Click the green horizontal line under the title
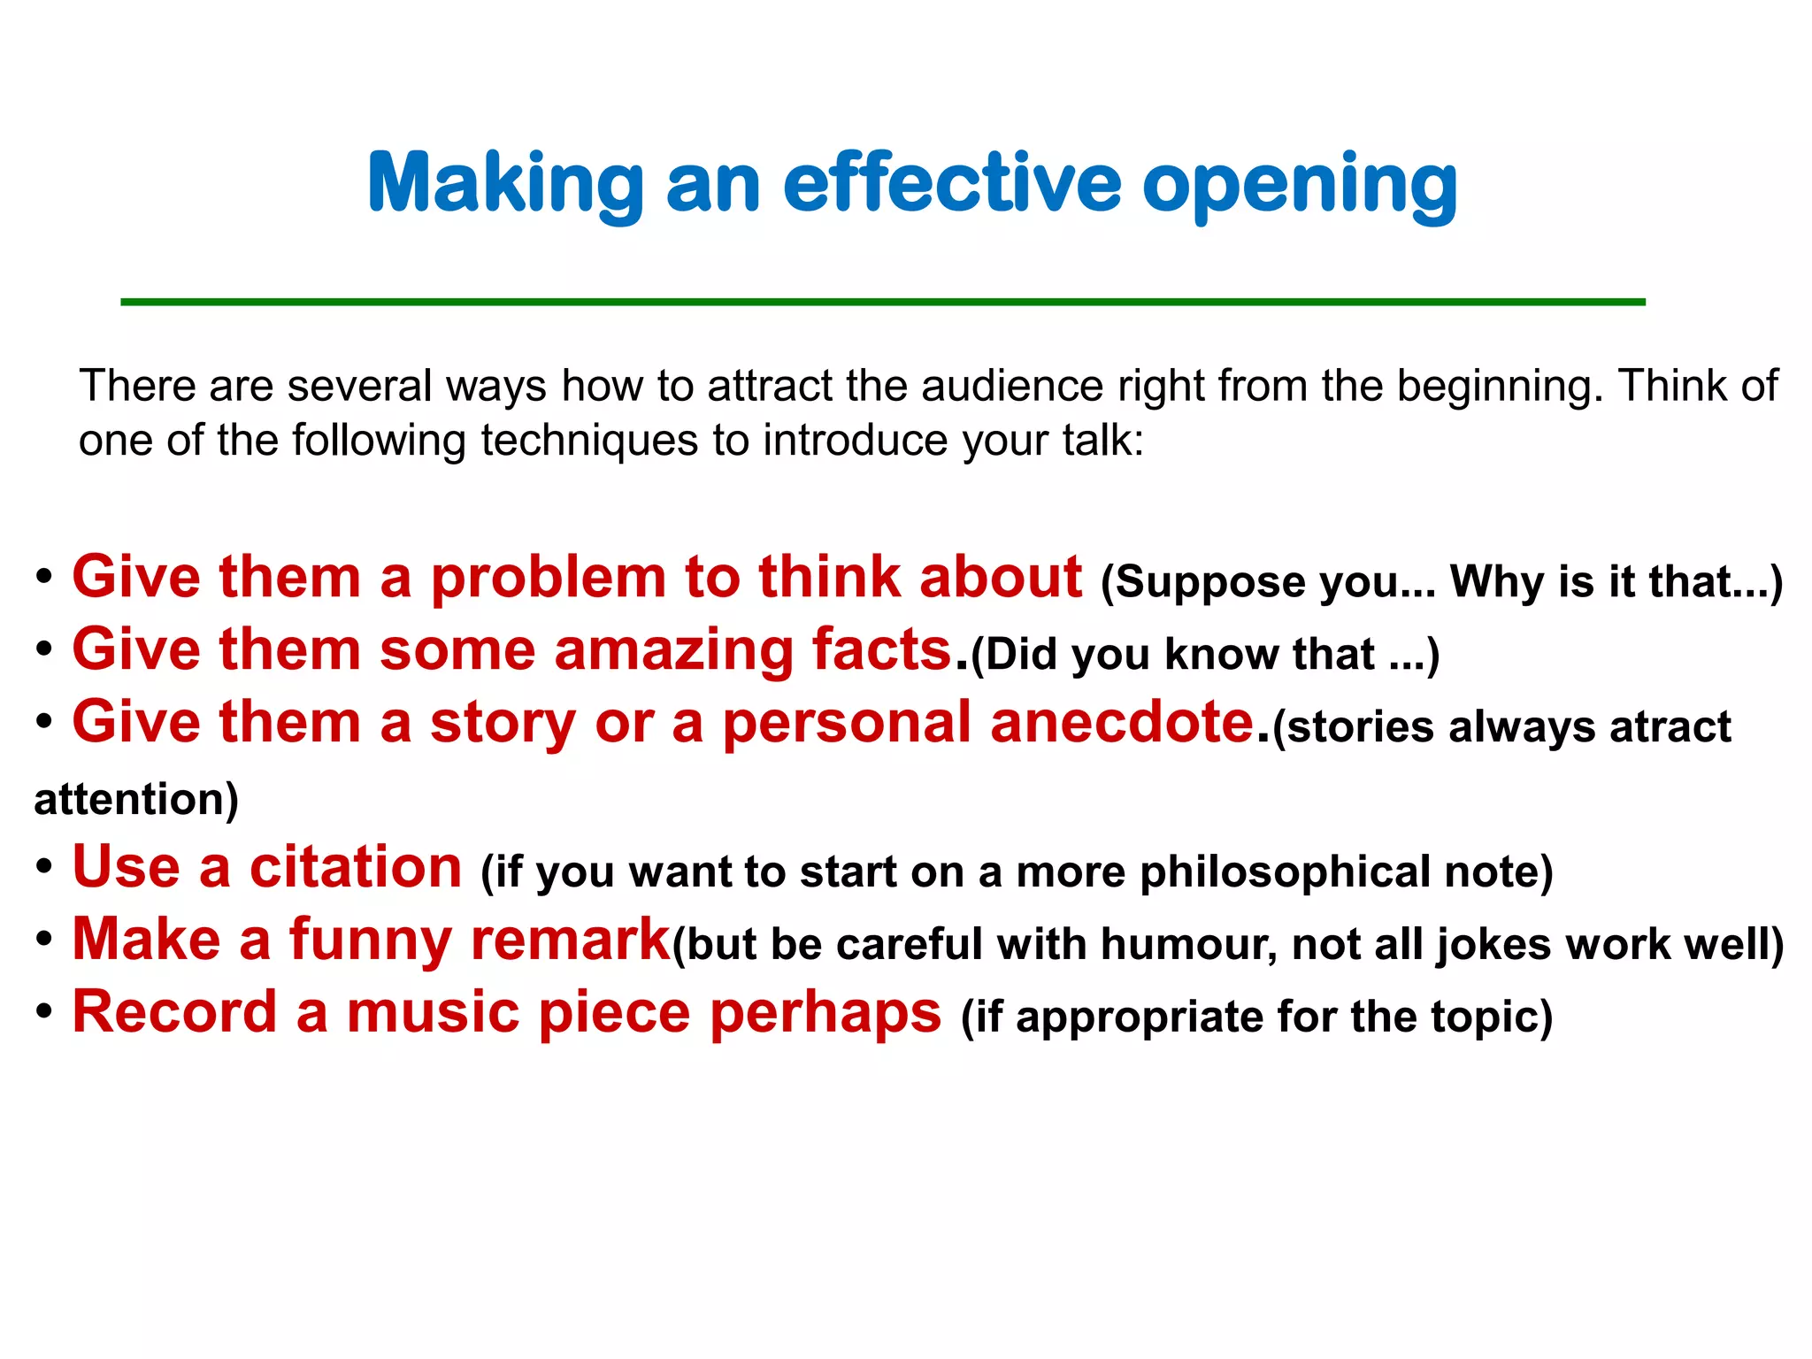[882, 303]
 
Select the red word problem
[548, 578]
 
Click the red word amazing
[673, 650]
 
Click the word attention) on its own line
[136, 800]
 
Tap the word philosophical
[1285, 872]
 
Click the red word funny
[371, 940]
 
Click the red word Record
[174, 1012]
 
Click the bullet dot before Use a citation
[44, 867]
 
